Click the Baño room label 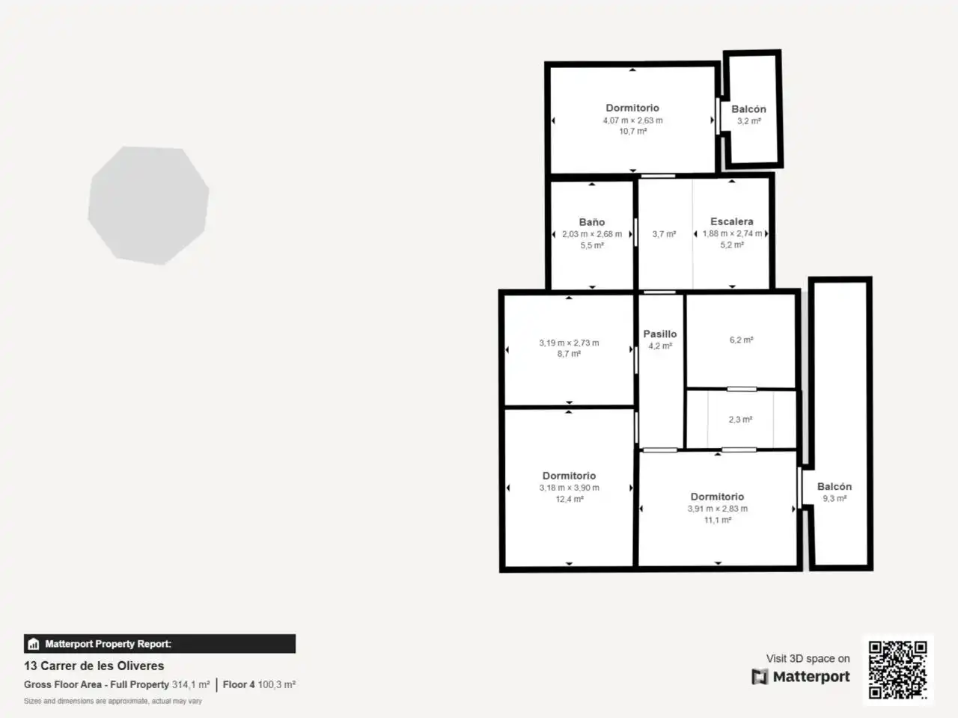pyautogui.click(x=592, y=222)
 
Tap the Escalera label pyautogui.click(x=731, y=221)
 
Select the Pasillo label pyautogui.click(x=660, y=334)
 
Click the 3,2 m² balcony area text pyautogui.click(x=749, y=120)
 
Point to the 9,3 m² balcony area pyautogui.click(x=835, y=498)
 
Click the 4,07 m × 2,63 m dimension pyautogui.click(x=633, y=120)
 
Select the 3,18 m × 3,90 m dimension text pyautogui.click(x=569, y=488)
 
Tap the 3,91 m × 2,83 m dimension pyautogui.click(x=718, y=509)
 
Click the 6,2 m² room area pyautogui.click(x=741, y=340)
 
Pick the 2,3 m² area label pyautogui.click(x=740, y=420)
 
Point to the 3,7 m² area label pyautogui.click(x=664, y=234)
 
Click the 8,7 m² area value pyautogui.click(x=569, y=354)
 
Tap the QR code pyautogui.click(x=897, y=669)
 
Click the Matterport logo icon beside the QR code pyautogui.click(x=760, y=677)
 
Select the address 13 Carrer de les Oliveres pyautogui.click(x=94, y=666)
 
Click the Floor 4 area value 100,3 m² pyautogui.click(x=277, y=684)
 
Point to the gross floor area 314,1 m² pyautogui.click(x=191, y=684)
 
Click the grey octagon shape pyautogui.click(x=148, y=206)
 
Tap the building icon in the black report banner pyautogui.click(x=34, y=643)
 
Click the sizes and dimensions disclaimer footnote pyautogui.click(x=112, y=701)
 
